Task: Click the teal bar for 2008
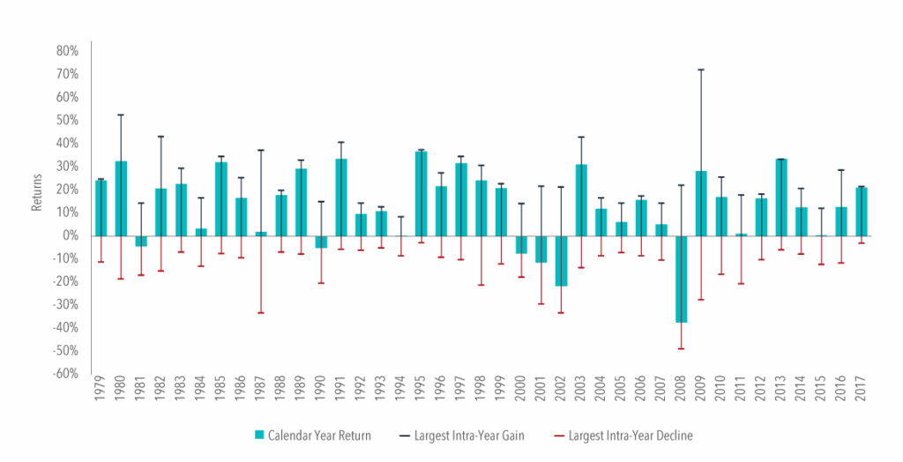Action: tap(682, 279)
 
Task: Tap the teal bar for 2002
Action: tap(561, 260)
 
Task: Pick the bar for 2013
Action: tap(781, 197)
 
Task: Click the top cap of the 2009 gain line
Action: tap(701, 70)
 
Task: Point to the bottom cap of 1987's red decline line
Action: tap(260, 313)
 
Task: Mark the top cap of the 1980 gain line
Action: tap(120, 115)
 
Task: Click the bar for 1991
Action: tap(340, 197)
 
